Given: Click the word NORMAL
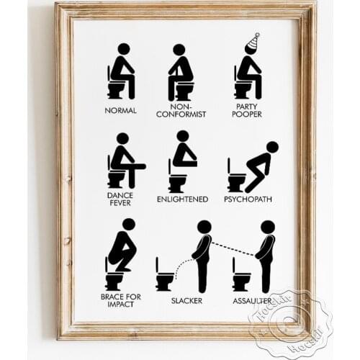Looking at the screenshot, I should click(x=120, y=112).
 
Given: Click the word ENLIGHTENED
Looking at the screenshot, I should click(x=182, y=199).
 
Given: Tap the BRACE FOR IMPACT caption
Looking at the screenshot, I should click(x=120, y=300).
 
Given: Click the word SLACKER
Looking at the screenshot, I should click(x=186, y=300).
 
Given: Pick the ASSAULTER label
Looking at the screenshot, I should click(x=251, y=300).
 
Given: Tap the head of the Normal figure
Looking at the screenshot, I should click(x=123, y=49).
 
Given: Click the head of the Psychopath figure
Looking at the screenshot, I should click(x=271, y=147).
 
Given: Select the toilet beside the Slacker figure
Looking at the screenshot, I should click(x=165, y=276).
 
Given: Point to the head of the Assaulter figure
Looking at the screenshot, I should click(x=267, y=227).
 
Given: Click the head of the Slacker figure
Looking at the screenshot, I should click(x=204, y=227).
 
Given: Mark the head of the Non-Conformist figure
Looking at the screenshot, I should click(x=179, y=49).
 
